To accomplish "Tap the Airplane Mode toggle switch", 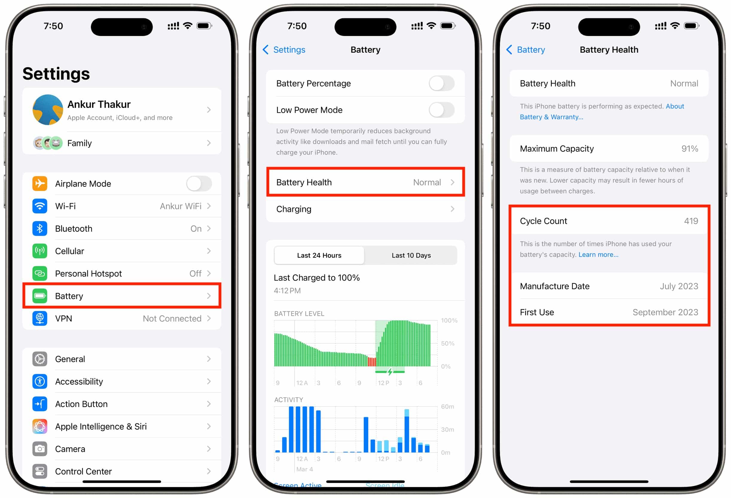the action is coord(199,183).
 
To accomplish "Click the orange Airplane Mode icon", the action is coord(40,183).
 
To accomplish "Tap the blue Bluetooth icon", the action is coord(40,229).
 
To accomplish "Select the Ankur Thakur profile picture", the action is coord(48,110).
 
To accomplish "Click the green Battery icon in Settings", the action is coord(40,296).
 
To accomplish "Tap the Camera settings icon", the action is coord(40,449).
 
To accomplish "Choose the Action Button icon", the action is coord(40,404).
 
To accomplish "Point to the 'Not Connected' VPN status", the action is coord(172,318).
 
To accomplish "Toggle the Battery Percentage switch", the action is coord(442,83).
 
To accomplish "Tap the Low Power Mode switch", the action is coord(442,110).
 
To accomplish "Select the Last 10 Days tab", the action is coord(411,255).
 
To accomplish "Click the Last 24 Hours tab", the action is coord(319,255).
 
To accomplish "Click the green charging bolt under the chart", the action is coord(390,372).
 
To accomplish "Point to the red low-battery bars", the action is coord(372,362).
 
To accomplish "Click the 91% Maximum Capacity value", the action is coord(690,148).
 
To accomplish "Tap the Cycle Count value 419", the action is coord(691,221).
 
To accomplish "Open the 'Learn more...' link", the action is coord(598,255).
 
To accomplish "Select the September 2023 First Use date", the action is coord(665,312).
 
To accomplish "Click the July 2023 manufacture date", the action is coord(679,286).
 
